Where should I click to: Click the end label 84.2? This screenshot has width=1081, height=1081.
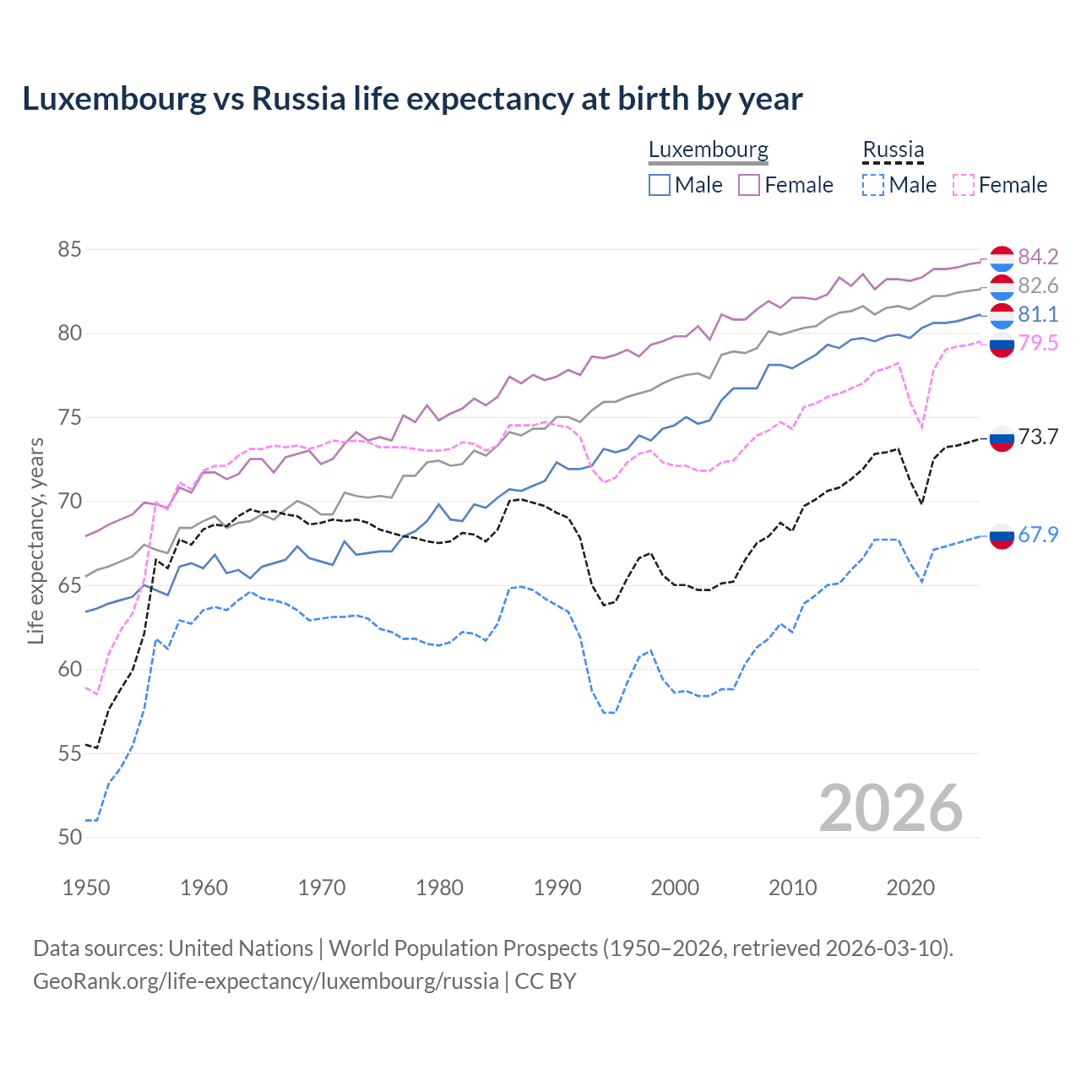coord(1038,257)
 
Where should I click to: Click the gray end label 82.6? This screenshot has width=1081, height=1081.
coord(1038,285)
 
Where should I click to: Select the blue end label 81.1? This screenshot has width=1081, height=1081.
coord(1038,314)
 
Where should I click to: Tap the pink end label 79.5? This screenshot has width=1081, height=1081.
coord(1038,343)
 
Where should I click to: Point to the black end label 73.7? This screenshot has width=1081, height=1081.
coord(1038,437)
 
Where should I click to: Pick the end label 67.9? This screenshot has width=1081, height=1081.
coord(1038,535)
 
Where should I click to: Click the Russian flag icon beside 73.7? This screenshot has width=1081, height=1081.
coord(1002,438)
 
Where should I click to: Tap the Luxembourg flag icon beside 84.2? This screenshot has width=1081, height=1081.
coord(1002,258)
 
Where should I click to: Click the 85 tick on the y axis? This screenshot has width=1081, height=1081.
coord(70,249)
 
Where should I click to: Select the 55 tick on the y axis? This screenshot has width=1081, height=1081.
coord(70,753)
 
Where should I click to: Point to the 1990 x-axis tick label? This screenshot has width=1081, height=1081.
coord(557,888)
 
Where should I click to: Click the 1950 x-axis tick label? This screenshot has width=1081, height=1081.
coord(86,888)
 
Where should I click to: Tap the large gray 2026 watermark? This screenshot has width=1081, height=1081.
coord(890,808)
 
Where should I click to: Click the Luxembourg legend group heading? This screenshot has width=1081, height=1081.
coord(708,150)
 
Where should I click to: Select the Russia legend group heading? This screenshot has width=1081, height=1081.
coord(893,150)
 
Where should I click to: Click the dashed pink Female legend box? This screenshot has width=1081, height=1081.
coord(964,185)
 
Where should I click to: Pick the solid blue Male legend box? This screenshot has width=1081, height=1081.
coord(660,185)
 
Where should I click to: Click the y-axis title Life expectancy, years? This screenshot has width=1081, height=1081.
coord(36,540)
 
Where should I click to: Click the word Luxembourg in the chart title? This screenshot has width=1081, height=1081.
coord(114,99)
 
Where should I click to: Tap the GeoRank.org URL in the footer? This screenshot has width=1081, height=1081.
coord(266,981)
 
